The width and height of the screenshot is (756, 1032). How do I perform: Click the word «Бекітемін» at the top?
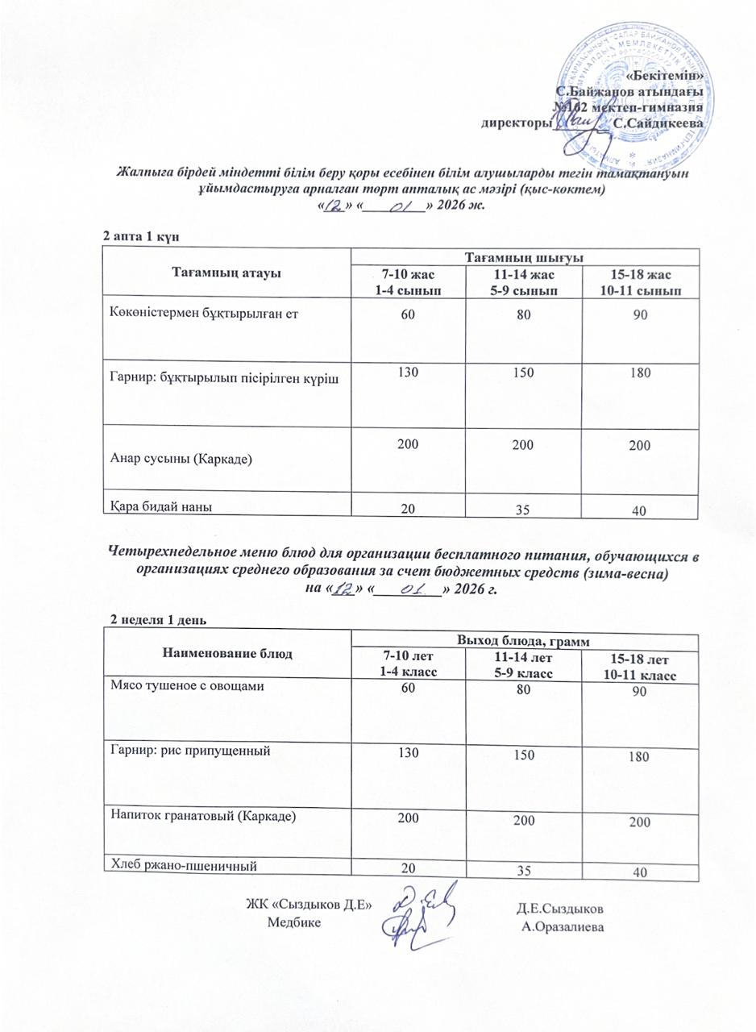pos(670,75)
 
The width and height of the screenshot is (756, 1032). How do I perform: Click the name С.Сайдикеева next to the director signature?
pos(658,124)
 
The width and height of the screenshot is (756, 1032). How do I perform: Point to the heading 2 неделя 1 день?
pos(159,620)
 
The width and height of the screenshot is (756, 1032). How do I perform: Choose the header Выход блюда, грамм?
pos(521,641)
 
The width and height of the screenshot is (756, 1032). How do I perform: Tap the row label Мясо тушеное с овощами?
pos(188,686)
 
